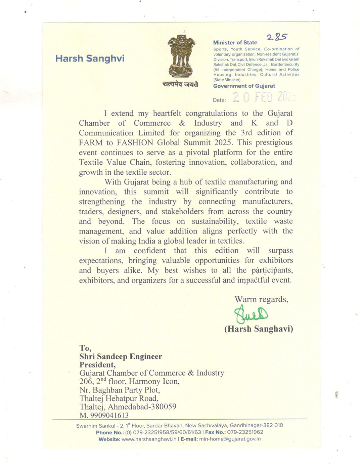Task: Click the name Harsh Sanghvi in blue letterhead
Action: click(90, 58)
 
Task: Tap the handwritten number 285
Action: click(277, 37)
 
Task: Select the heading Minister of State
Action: click(235, 43)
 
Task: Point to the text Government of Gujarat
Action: click(244, 86)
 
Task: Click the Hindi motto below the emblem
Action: click(180, 84)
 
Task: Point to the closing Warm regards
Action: click(261, 299)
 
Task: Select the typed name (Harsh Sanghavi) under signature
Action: click(259, 329)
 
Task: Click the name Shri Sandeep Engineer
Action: click(121, 357)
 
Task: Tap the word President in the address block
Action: click(97, 365)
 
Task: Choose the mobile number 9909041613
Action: click(109, 416)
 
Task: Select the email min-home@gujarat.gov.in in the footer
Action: click(230, 439)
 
